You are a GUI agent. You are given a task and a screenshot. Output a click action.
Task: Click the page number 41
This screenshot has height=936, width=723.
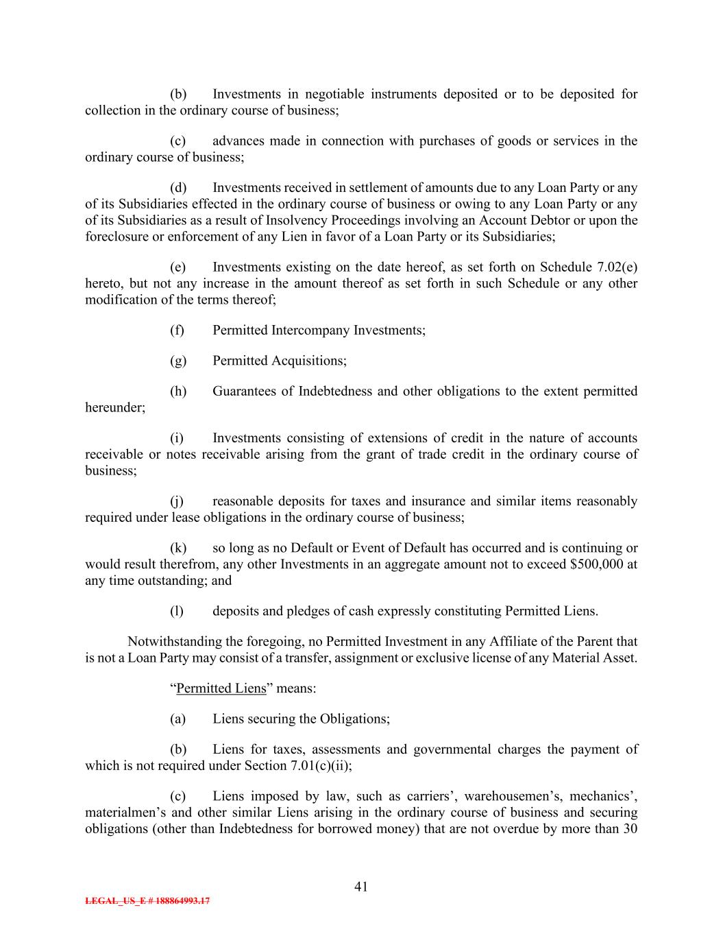[x=361, y=887]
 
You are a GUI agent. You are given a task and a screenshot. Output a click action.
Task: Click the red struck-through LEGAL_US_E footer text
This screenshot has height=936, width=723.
[x=147, y=901]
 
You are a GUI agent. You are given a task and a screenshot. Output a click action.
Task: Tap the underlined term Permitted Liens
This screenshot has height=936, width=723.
[x=221, y=688]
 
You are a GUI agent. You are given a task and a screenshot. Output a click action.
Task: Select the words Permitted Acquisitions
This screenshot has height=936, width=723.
[x=278, y=361]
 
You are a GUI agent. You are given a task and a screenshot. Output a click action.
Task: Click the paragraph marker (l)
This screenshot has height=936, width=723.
[x=177, y=612]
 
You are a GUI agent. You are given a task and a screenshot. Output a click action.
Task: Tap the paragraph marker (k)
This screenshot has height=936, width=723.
[x=178, y=548]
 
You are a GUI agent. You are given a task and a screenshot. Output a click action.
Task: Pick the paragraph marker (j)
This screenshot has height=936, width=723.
[x=177, y=501]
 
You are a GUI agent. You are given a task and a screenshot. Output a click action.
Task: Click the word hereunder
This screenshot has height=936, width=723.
[x=114, y=408]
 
